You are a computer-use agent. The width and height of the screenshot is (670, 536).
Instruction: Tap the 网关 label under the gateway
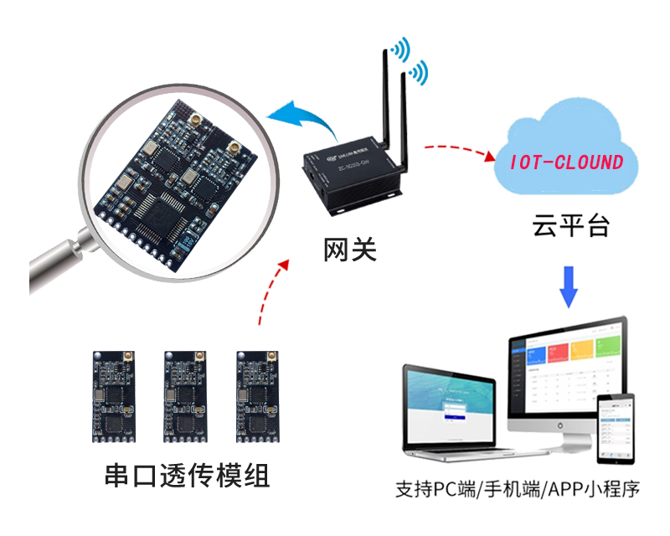[351, 249]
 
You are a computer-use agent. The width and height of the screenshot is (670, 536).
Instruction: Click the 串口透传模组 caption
[188, 476]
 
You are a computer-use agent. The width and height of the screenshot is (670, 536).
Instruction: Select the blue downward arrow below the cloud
[569, 287]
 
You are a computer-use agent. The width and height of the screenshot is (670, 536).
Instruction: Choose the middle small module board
[185, 395]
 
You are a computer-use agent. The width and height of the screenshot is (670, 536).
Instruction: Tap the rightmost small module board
[257, 395]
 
